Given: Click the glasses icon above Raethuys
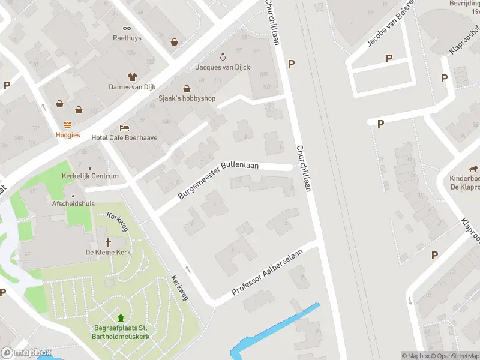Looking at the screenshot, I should [127, 28].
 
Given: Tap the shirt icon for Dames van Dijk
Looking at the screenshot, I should [132, 76].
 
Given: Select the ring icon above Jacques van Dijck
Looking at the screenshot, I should [223, 57].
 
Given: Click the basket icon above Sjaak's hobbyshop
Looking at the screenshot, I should [187, 88].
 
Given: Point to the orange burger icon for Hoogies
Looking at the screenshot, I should [68, 125].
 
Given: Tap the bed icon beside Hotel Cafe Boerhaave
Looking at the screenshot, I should [124, 128].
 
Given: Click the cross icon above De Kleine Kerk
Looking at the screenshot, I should [109, 242].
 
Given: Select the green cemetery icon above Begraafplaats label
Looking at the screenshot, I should [121, 318].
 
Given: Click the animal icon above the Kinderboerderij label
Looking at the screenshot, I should [474, 168].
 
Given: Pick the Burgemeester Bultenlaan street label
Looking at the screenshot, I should [218, 180].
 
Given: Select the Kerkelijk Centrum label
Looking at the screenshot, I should [90, 176].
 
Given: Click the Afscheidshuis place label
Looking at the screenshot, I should [73, 203].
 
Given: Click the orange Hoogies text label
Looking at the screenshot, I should [68, 135].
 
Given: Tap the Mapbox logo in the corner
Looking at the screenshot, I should [26, 353].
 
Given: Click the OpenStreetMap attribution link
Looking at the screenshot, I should [455, 356].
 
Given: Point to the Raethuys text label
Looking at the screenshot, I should [127, 38].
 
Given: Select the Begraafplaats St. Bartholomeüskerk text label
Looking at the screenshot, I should [121, 332].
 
